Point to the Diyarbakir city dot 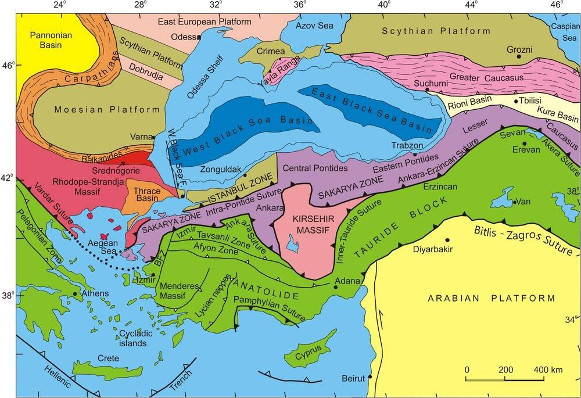(447, 240)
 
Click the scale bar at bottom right (504, 379)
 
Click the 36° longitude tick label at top (300, 5)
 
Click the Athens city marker (76, 294)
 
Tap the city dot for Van (514, 202)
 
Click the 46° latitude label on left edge (8, 64)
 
